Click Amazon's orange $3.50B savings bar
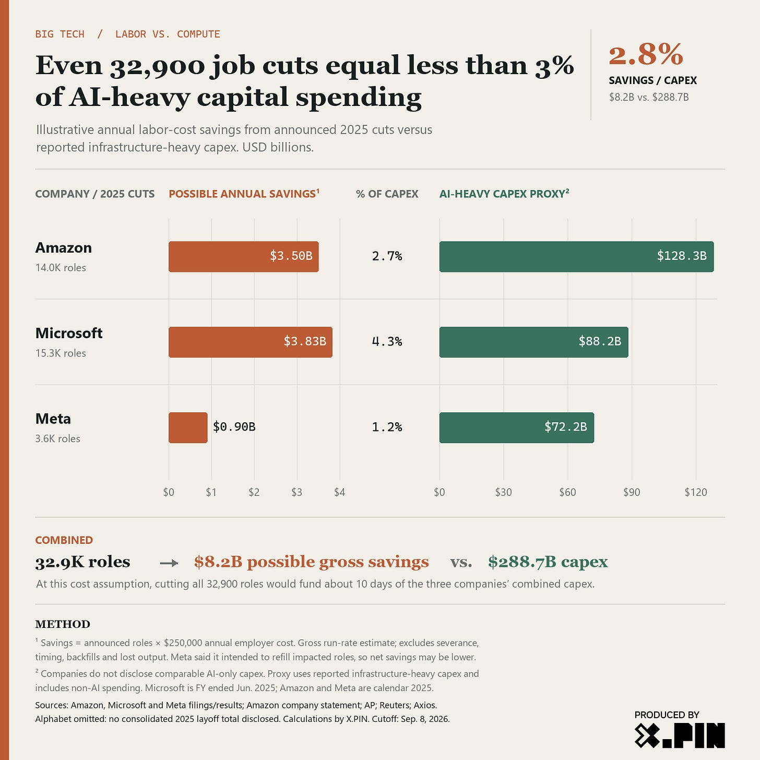pyautogui.click(x=243, y=256)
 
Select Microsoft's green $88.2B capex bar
pyautogui.click(x=533, y=342)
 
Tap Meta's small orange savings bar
pyautogui.click(x=188, y=427)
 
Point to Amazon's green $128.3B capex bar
pyautogui.click(x=577, y=256)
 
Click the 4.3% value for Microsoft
pyautogui.click(x=387, y=341)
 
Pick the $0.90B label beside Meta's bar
pyautogui.click(x=234, y=427)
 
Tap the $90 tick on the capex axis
pyautogui.click(x=632, y=492)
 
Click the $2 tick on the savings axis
pyautogui.click(x=254, y=492)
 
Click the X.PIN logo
pyautogui.click(x=680, y=735)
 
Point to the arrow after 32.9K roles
pyautogui.click(x=169, y=564)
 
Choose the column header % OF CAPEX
pyautogui.click(x=387, y=194)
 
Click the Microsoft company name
pyautogui.click(x=68, y=333)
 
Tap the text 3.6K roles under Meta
pyautogui.click(x=57, y=438)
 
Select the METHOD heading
pyautogui.click(x=63, y=624)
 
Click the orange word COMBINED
pyautogui.click(x=64, y=540)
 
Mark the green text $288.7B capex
pyautogui.click(x=548, y=562)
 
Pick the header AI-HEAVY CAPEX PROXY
pyautogui.click(x=504, y=194)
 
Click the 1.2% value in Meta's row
pyautogui.click(x=387, y=427)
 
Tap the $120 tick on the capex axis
pyautogui.click(x=696, y=492)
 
